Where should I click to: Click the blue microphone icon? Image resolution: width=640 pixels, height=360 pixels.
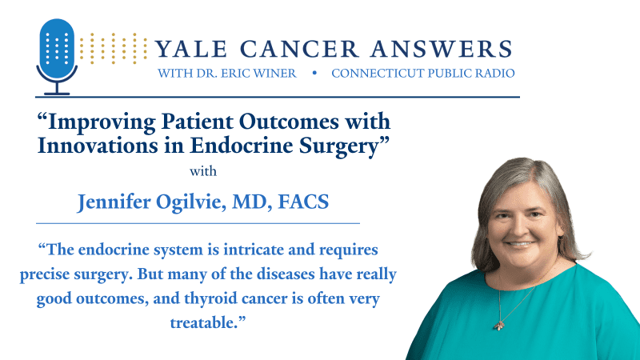point(57,56)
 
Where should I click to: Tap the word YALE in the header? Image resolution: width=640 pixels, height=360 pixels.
point(191,49)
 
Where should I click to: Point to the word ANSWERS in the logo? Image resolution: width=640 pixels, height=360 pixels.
point(442,49)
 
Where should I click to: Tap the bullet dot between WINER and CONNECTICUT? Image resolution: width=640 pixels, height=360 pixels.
point(314,73)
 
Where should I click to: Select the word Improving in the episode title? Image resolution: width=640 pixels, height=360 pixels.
point(102,122)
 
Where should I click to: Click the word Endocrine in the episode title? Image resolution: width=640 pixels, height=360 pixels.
point(242,146)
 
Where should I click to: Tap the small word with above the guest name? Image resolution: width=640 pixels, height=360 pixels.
point(203,171)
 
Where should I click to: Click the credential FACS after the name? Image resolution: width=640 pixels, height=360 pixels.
point(303,202)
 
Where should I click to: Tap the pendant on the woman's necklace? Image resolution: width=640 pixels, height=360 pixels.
point(499,325)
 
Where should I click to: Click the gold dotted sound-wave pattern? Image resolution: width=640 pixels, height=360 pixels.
point(113,49)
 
